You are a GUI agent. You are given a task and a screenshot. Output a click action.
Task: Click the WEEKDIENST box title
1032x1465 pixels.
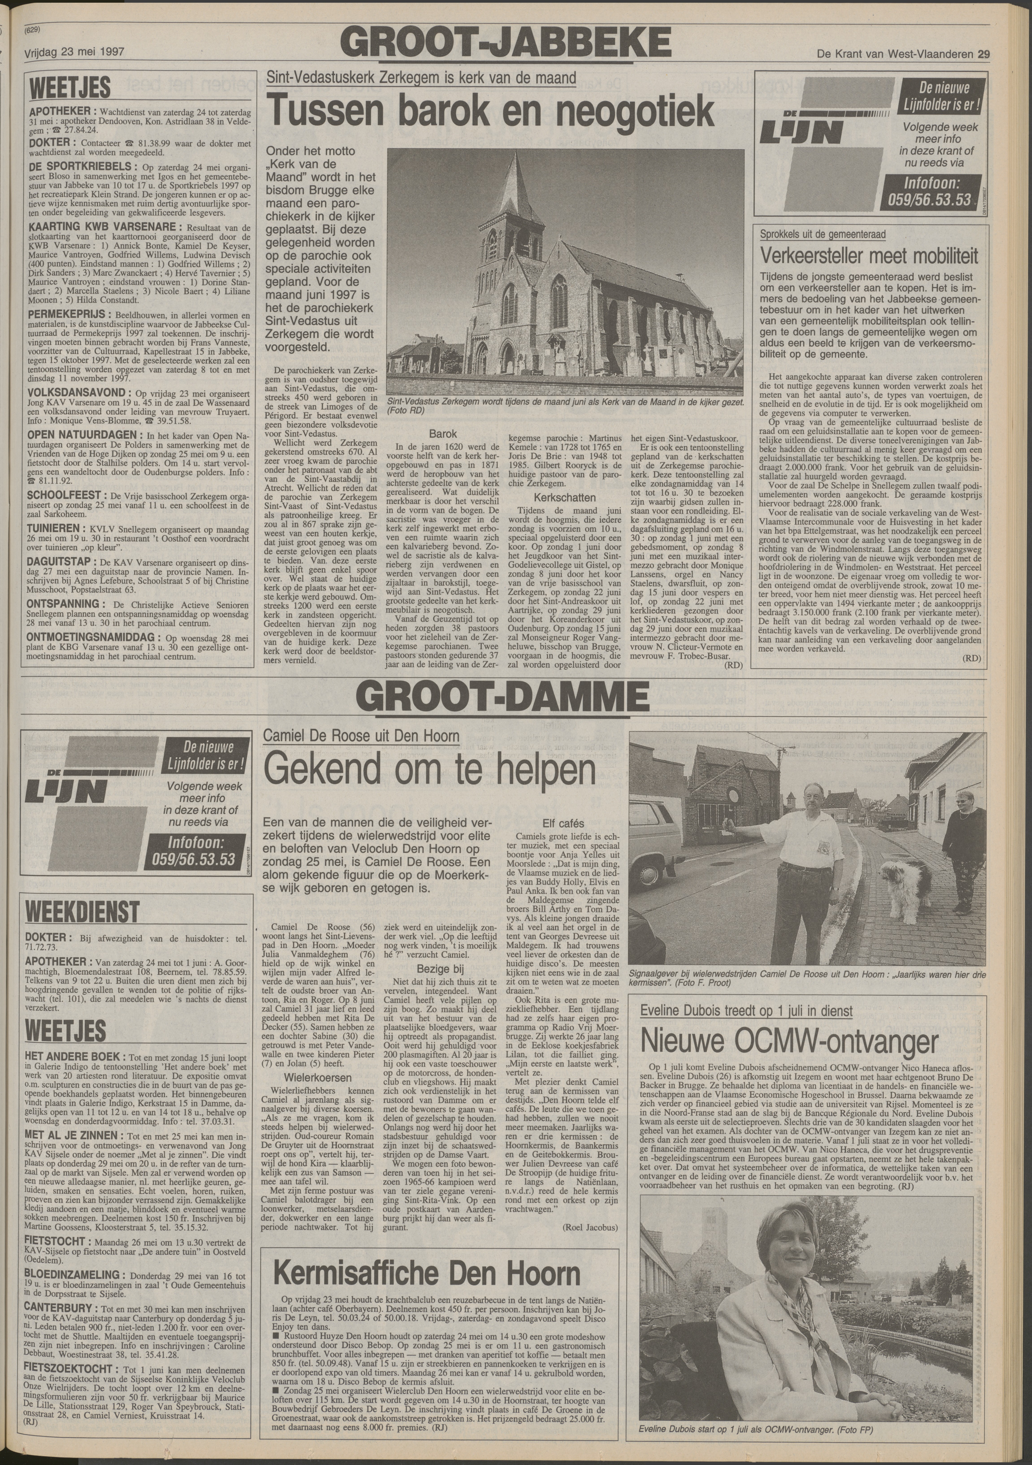[82, 911]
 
